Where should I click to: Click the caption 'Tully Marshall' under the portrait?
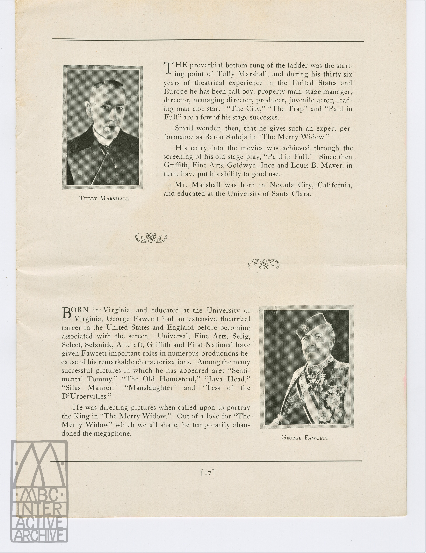104,198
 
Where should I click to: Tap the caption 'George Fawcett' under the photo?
305,438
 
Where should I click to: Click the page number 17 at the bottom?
208,472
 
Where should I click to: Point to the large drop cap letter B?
66,313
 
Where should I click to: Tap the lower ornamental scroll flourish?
264,264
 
